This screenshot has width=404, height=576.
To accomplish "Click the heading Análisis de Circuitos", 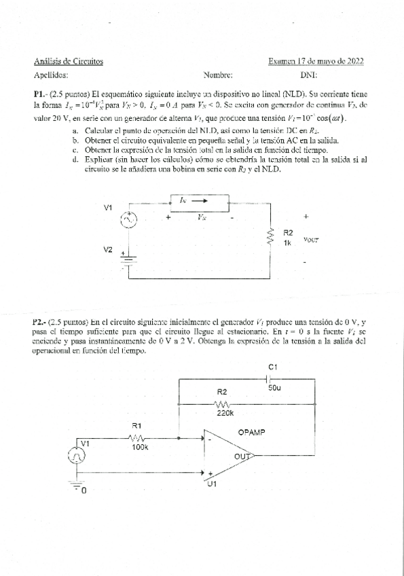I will click(x=68, y=62).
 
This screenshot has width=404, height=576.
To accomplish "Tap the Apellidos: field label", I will click(x=50, y=76).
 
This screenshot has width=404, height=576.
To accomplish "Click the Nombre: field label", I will click(x=218, y=76).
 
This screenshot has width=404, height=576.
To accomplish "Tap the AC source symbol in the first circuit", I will click(x=129, y=219).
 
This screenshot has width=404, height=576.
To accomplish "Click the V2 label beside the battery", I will click(x=108, y=249).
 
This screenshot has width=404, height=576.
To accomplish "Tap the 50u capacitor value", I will click(x=274, y=388).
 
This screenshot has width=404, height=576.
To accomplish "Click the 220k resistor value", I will click(x=225, y=412).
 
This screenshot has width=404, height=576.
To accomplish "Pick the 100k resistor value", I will click(x=140, y=448).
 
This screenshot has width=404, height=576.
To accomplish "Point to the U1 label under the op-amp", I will click(x=210, y=484).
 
